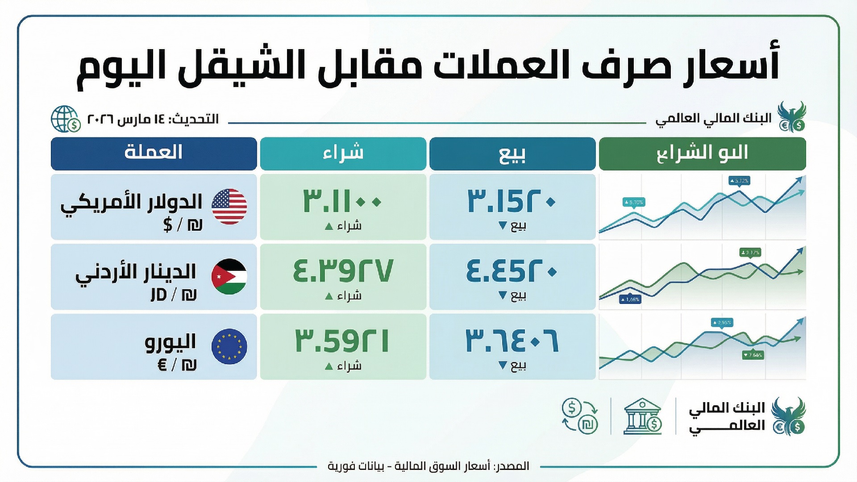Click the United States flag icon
[229, 206]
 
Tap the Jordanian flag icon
[229, 276]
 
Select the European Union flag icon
[229, 346]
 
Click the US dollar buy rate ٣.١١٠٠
[343, 201]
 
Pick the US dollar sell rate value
[512, 201]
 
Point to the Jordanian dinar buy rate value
[343, 271]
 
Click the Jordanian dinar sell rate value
[512, 271]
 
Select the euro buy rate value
[343, 341]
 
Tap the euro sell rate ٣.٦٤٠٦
[512, 341]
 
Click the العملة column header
[154, 153]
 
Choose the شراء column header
[343, 153]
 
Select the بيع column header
[512, 153]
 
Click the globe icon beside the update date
[65, 119]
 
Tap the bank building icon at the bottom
[643, 416]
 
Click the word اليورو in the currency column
[171, 342]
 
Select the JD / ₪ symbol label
[174, 295]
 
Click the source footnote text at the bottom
[428, 466]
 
